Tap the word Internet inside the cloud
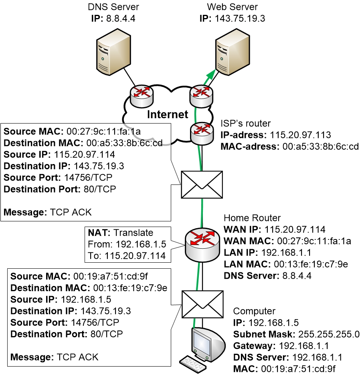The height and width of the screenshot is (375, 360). [x=168, y=114]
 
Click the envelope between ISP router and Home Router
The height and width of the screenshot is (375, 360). [x=202, y=184]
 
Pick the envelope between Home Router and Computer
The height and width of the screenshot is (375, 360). [x=202, y=304]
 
